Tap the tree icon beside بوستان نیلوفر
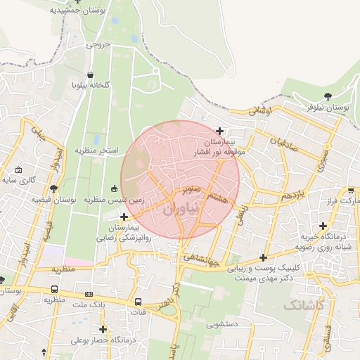pyautogui.click(x=328, y=96)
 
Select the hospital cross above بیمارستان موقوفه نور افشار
pyautogui.click(x=220, y=131)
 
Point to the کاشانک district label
pyautogui.click(x=304, y=305)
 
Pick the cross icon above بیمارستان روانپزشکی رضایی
pyautogui.click(x=124, y=217)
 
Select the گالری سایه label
pyautogui.click(x=18, y=180)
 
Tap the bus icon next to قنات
pyautogui.click(x=139, y=302)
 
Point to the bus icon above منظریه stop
pyautogui.click(x=55, y=289)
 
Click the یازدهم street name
pyautogui.click(x=290, y=195)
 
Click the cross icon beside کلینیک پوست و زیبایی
pyautogui.click(x=263, y=257)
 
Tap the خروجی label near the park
pyautogui.click(x=99, y=44)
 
